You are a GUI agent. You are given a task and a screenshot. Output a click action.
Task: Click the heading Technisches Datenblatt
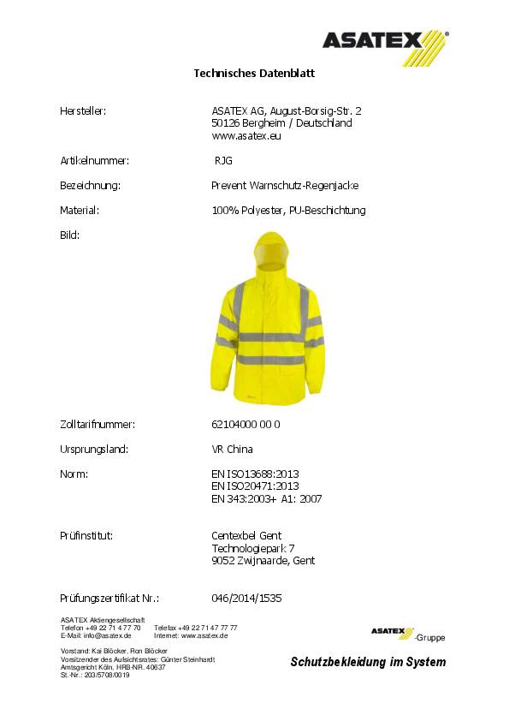pos(254,74)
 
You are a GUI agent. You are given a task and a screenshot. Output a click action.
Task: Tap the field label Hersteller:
pos(82,110)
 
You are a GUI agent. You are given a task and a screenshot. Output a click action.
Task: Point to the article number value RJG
pos(223,160)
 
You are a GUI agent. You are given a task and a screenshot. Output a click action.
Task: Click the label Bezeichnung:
pos(89,185)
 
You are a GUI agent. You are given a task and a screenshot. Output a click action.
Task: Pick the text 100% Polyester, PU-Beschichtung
pos(288,210)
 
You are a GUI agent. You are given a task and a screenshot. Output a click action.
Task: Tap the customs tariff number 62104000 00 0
pos(246,424)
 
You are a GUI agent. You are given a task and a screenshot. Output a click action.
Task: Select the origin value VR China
pos(232,449)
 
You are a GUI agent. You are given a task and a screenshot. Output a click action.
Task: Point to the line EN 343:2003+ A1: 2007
pos(266,498)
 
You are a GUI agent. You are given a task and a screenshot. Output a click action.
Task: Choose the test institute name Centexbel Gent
pos(246,536)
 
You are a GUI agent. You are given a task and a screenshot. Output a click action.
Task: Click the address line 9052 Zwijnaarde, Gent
pos(263,561)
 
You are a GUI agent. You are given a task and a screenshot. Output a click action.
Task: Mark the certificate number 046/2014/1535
pos(246,599)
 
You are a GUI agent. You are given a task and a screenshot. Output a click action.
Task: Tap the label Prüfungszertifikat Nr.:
pos(109,599)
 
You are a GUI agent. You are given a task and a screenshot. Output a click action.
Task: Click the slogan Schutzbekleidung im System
pos(368,662)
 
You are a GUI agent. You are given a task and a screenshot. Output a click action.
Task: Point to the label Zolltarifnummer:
pos(98,424)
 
